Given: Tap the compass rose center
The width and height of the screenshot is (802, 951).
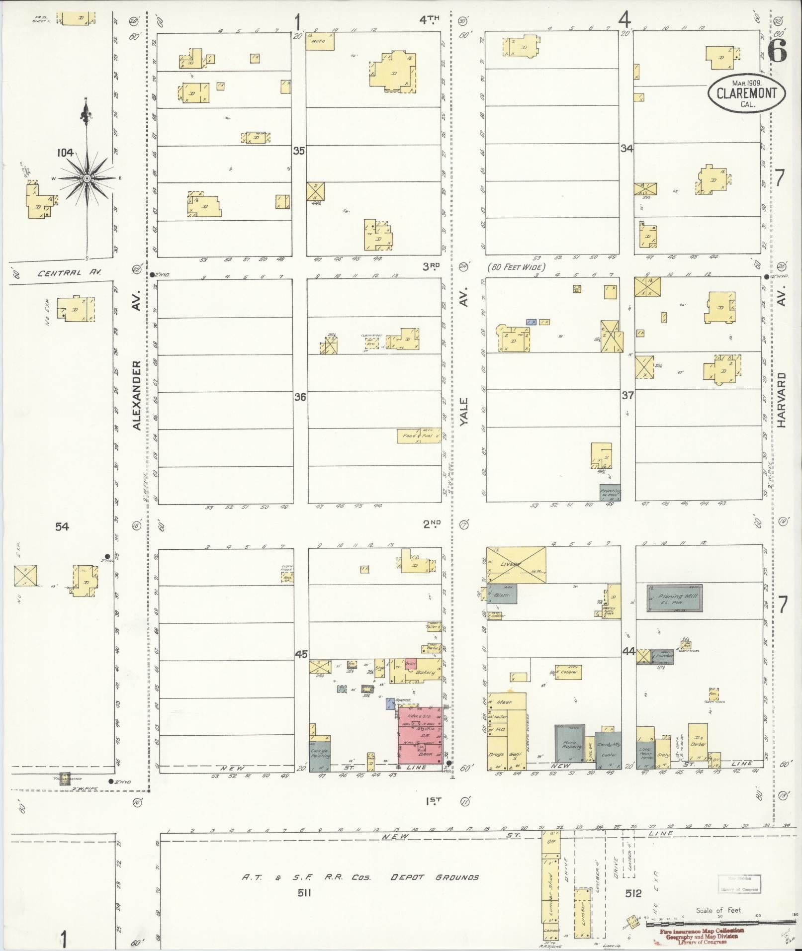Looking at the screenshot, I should [87, 178].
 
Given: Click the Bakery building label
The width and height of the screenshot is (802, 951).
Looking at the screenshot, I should [425, 672].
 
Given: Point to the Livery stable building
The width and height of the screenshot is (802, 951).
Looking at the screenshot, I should [516, 565].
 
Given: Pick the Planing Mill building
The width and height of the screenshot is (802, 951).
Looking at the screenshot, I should [674, 598].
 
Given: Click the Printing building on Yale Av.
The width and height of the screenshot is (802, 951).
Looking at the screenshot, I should [610, 493].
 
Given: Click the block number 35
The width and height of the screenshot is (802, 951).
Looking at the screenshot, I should [298, 151].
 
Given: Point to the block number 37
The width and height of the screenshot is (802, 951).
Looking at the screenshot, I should [627, 395].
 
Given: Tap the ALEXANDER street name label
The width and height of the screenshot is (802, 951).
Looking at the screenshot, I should [137, 395].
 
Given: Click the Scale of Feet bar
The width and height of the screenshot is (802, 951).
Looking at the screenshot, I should [721, 924].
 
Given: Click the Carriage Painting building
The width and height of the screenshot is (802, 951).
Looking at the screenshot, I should [320, 753].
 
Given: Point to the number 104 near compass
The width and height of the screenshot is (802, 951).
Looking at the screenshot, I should [65, 153].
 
